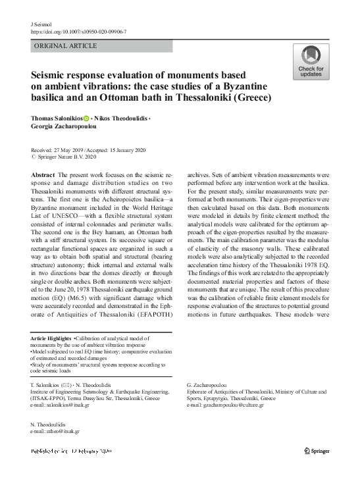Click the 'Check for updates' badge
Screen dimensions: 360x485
click(311, 62)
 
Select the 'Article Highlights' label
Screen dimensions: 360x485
click(52, 338)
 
